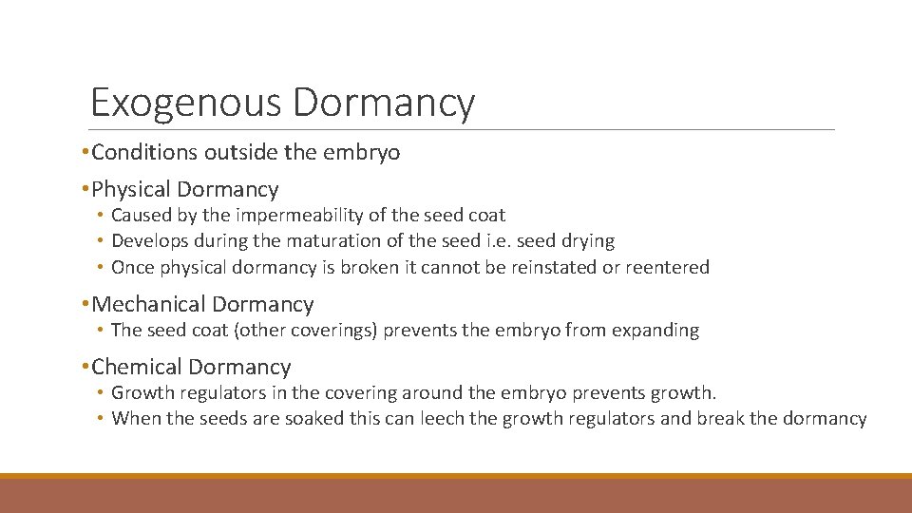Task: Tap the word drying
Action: coord(587,241)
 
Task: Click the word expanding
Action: coord(655,331)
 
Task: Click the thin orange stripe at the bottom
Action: coord(456,476)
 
